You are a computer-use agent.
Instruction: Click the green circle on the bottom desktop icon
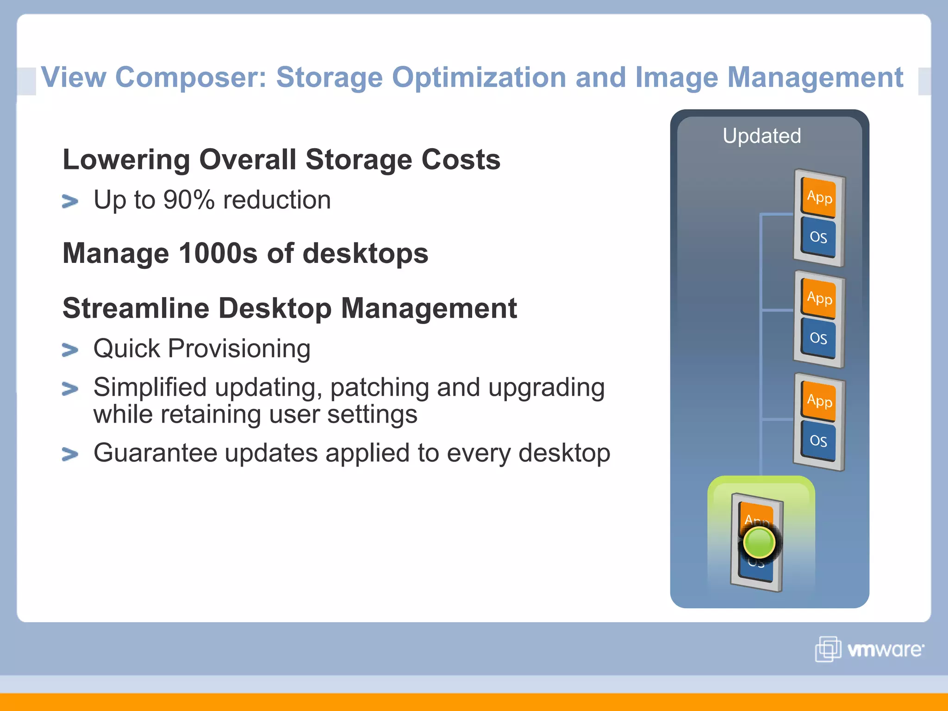[x=759, y=542]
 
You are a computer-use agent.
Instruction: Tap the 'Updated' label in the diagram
[x=761, y=136]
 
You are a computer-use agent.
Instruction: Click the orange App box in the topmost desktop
[x=819, y=197]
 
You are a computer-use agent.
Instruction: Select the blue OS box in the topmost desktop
[x=818, y=237]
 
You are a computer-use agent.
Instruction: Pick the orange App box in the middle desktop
[x=819, y=298]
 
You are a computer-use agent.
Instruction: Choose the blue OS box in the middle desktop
[x=818, y=338]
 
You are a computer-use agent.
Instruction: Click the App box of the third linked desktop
[x=819, y=400]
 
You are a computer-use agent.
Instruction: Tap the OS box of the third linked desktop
[x=818, y=441]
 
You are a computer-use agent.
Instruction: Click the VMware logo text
[x=885, y=650]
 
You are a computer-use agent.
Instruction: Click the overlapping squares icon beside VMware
[x=828, y=649]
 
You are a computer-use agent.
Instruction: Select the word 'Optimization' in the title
[x=479, y=77]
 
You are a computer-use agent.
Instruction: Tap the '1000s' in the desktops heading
[x=218, y=254]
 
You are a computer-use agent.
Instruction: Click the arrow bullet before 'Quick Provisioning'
[x=70, y=350]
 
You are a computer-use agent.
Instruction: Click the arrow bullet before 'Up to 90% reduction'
[x=70, y=201]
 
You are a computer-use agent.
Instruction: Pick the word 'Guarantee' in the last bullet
[x=155, y=453]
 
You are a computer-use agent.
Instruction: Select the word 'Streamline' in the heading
[x=136, y=308]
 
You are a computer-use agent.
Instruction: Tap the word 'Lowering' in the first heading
[x=126, y=160]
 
